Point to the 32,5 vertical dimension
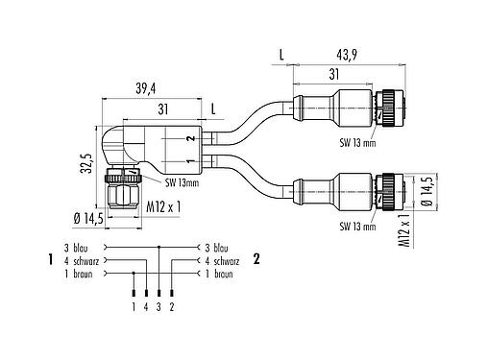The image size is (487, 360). (85, 151)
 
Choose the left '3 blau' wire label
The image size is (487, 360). (77, 246)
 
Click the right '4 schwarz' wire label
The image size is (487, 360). (220, 259)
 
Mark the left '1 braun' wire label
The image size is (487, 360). (79, 273)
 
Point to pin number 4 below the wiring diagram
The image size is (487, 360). (146, 308)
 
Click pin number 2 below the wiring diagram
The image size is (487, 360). (171, 308)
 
